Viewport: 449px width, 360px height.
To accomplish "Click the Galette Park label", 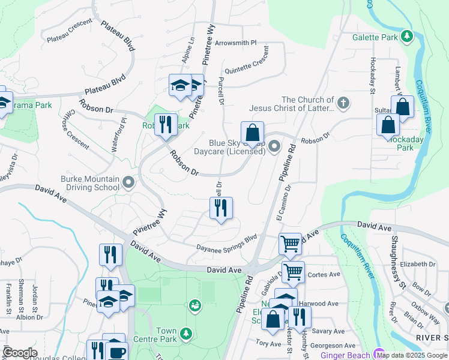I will pos(375,37).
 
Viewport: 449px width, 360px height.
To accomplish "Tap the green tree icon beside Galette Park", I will pos(407,37).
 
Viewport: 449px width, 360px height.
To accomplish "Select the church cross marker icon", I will pos(343,103).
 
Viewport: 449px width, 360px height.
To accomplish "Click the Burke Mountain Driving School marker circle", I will pos(127,181).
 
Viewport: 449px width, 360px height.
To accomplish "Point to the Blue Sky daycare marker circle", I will pos(274,146).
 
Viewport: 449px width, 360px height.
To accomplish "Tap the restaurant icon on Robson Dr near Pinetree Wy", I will pos(166,125).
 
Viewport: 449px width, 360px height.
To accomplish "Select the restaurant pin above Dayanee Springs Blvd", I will pos(221,208).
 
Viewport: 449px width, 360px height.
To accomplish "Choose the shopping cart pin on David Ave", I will pos(290,244).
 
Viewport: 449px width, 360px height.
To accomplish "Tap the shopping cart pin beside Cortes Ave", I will pos(293,272).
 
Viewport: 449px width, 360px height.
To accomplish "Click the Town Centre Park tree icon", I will pos(186,332).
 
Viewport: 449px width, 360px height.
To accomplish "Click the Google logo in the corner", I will pos(20,353).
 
